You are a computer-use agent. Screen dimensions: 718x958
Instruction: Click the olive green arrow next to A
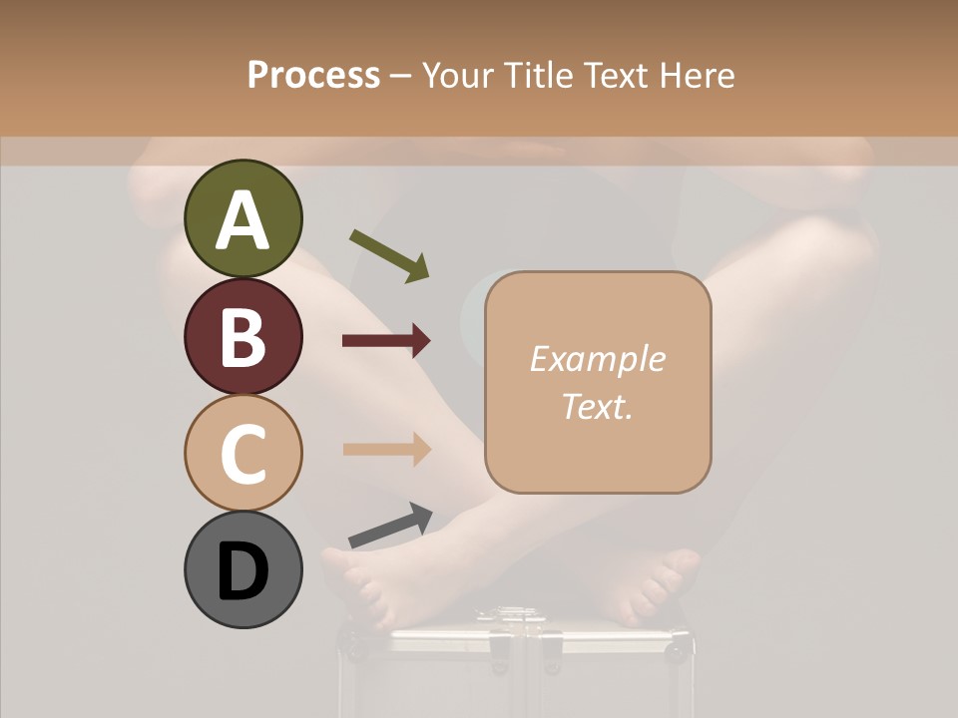389,255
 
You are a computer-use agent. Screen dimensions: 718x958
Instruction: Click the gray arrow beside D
390,526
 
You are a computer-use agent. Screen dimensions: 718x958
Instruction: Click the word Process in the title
313,75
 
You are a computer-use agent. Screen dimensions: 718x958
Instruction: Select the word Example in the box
597,359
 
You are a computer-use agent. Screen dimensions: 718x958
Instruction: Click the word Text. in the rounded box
597,406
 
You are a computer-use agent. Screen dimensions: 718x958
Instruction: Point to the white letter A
242,221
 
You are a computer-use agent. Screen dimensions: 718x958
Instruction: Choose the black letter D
242,572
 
